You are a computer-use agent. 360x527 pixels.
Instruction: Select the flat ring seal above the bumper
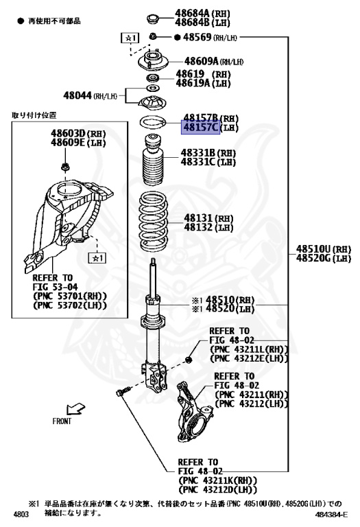154,123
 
